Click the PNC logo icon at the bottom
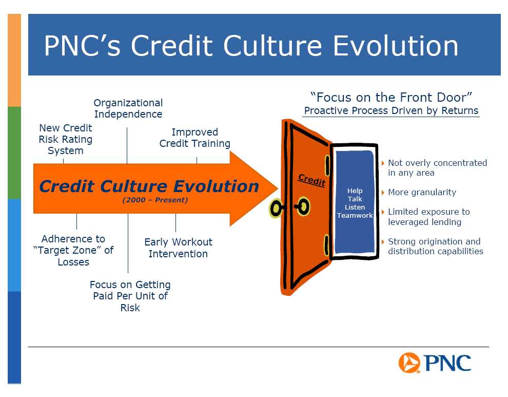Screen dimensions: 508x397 tap(409, 363)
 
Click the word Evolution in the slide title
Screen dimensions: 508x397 tap(396, 46)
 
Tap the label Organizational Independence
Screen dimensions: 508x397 tap(128, 108)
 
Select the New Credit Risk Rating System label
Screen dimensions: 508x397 tap(66, 139)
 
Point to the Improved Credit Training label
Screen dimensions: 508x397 tap(194, 138)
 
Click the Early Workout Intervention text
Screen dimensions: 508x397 tap(178, 248)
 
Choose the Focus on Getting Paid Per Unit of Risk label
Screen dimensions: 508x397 tap(130, 296)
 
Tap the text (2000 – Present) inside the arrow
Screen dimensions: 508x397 tap(155, 200)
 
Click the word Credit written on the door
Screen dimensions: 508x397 tap(311, 180)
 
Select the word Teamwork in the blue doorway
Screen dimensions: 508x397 tap(355, 215)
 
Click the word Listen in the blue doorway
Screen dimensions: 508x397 tap(355, 207)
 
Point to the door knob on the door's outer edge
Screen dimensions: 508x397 tap(276, 209)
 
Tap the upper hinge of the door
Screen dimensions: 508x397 tap(327, 165)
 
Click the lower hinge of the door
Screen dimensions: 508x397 tap(326, 245)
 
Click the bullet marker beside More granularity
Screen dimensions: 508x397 tap(383, 193)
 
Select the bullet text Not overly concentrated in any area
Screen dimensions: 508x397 tap(437, 168)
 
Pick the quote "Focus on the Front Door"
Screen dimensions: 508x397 tap(391, 97)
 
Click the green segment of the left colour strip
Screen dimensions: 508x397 tap(14, 153)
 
